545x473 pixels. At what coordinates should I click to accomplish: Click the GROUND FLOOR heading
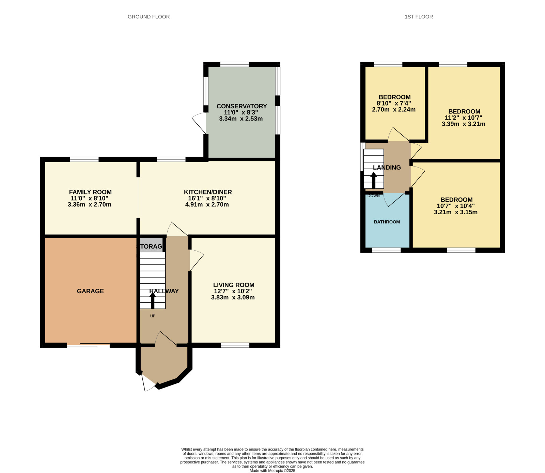click(149, 17)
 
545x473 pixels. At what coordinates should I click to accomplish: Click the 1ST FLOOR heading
click(419, 17)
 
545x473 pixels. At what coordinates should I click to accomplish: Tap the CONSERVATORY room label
click(242, 106)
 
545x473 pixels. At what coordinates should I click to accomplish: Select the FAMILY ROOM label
click(90, 192)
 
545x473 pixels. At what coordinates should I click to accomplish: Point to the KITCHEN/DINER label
click(208, 192)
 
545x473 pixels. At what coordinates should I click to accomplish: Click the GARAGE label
click(90, 291)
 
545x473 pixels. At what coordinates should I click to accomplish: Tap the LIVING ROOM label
click(234, 285)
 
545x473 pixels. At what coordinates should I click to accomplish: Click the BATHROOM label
click(387, 222)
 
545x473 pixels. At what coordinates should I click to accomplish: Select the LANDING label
click(387, 168)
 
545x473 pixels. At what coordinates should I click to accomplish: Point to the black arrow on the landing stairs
click(374, 180)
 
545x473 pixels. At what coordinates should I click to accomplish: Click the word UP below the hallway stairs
click(153, 316)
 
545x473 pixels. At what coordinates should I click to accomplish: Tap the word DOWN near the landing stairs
click(374, 196)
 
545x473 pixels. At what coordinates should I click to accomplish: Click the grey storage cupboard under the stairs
click(151, 245)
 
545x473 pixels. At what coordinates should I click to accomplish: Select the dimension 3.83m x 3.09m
click(233, 297)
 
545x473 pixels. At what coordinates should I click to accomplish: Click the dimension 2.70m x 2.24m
click(394, 110)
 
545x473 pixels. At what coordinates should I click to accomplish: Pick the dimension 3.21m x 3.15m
click(456, 212)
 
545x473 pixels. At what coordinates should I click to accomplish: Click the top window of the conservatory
click(234, 64)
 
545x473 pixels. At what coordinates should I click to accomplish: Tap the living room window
click(235, 345)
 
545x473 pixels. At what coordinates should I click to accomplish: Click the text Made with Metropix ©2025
click(272, 471)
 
